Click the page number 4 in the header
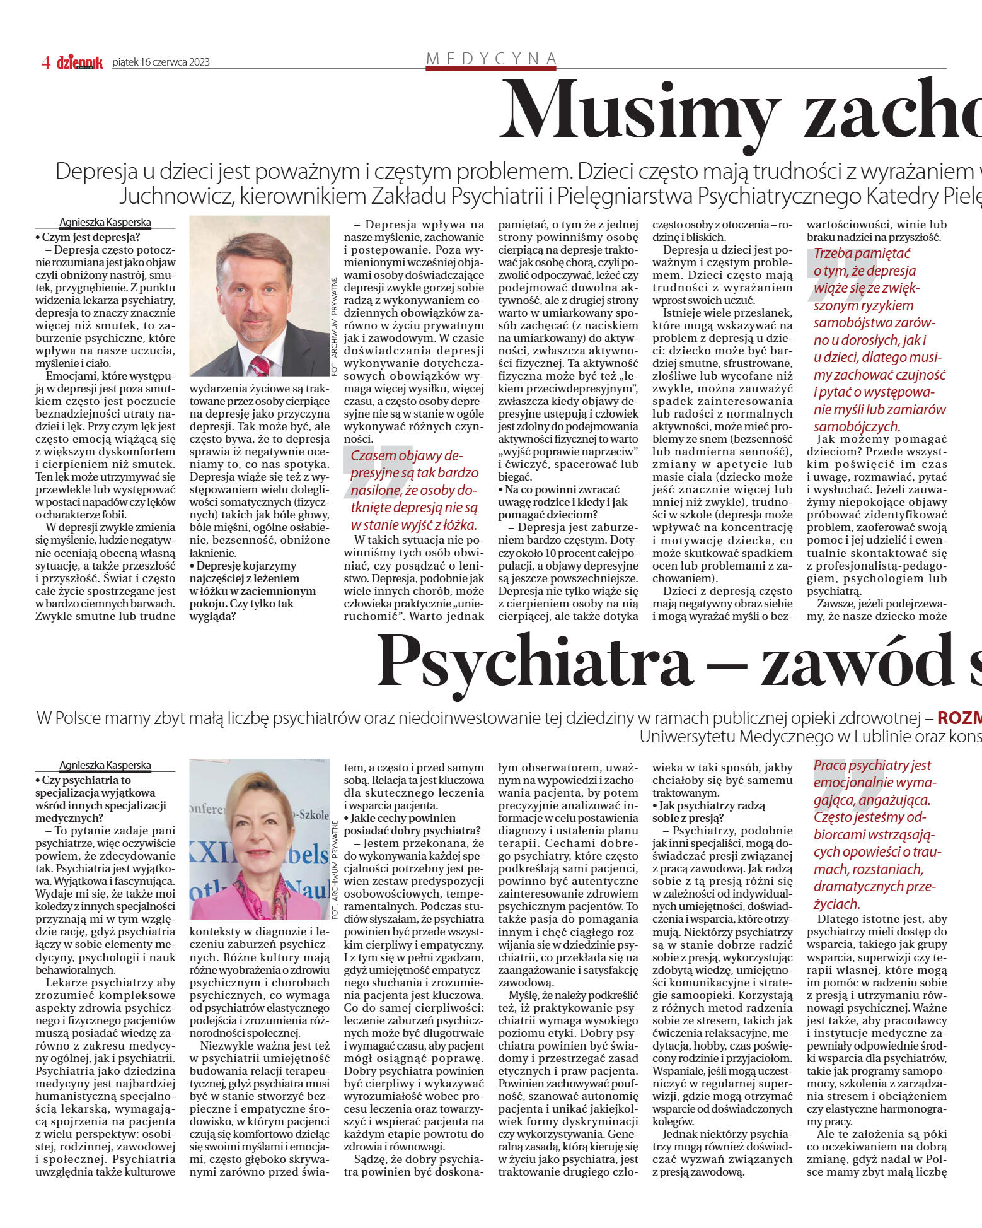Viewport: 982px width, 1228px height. (x=45, y=62)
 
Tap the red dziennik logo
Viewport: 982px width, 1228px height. (x=79, y=62)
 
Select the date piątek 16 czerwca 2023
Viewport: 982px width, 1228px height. (x=161, y=62)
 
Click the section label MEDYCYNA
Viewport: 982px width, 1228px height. (x=491, y=59)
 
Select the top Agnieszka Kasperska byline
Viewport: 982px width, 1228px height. (x=105, y=222)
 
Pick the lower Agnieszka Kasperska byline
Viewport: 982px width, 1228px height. (x=105, y=765)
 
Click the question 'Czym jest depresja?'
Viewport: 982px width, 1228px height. (x=88, y=237)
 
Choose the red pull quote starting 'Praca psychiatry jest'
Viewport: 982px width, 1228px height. (x=877, y=834)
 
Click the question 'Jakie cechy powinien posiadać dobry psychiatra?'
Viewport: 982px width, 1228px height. (x=413, y=824)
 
